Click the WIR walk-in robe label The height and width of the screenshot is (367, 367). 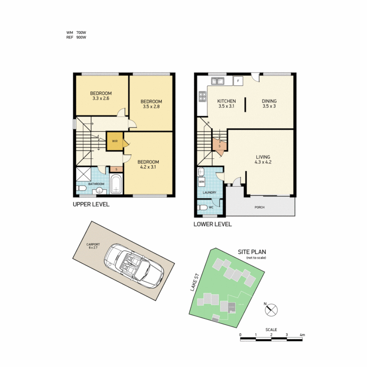[115, 141]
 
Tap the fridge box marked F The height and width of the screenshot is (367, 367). [238, 81]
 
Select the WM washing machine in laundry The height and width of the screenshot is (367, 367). [202, 182]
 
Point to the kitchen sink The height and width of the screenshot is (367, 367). [217, 81]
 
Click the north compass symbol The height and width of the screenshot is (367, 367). [272, 310]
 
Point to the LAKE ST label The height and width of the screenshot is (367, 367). [194, 283]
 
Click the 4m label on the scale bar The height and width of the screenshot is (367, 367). [302, 335]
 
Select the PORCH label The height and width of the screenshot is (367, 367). [259, 207]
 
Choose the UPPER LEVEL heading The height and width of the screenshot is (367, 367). [91, 205]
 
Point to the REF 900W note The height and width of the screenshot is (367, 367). [76, 38]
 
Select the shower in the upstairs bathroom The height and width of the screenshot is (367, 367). [83, 175]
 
